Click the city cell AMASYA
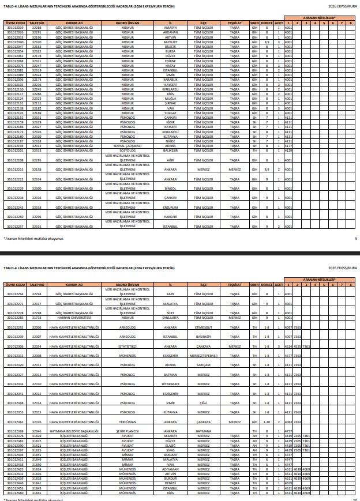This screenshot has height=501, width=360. coord(170,27)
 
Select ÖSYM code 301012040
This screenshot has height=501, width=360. coord(15,42)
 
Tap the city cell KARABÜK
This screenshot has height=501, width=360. coord(170,79)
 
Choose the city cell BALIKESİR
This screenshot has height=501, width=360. coord(170,150)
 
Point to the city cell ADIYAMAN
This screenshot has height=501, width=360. coord(170,469)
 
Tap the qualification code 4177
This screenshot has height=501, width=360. coord(288,146)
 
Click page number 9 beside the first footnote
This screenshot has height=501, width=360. coord(356,238)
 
